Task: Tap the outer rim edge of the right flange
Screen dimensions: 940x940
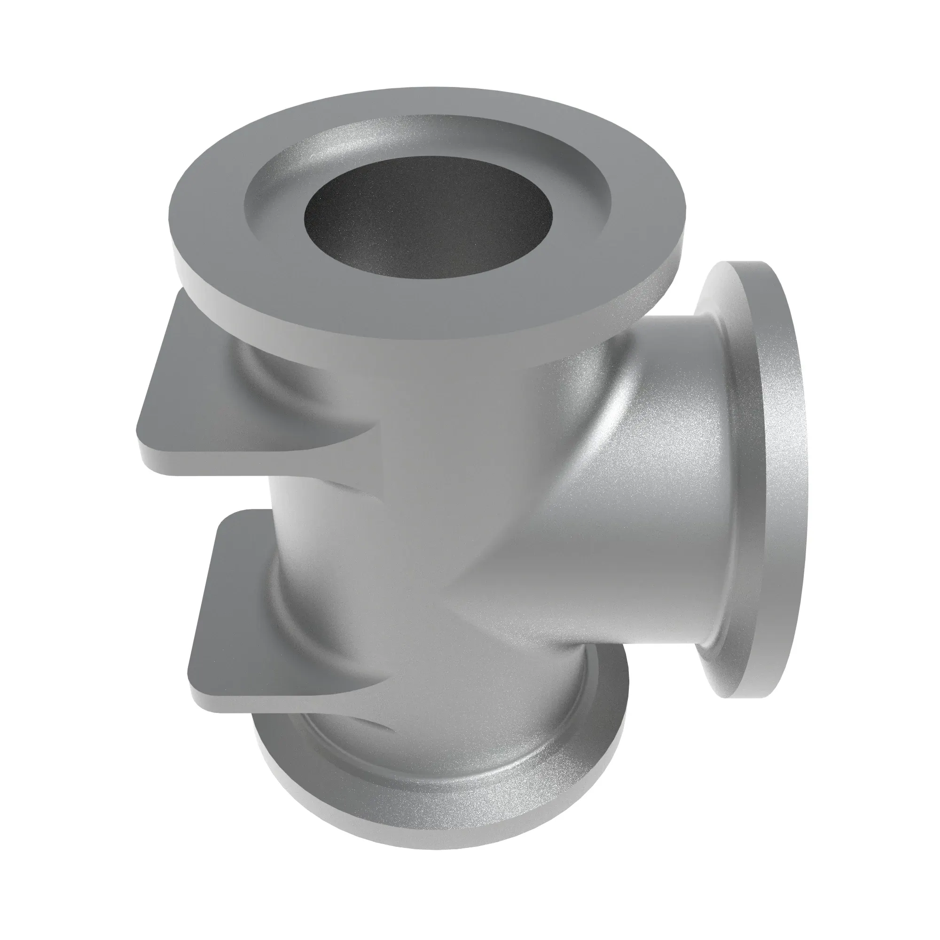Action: point(798,486)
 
